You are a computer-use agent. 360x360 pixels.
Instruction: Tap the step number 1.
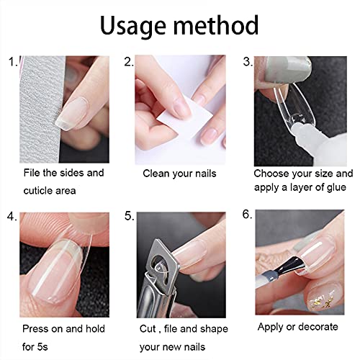click(x=10, y=63)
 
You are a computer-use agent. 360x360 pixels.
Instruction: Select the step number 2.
click(x=129, y=63)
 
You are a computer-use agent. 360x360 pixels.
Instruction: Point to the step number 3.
click(x=247, y=63)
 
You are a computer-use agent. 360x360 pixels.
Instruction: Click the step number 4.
click(x=11, y=215)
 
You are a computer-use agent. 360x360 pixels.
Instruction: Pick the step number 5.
click(x=129, y=215)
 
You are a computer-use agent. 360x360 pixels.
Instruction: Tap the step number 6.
click(x=247, y=215)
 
